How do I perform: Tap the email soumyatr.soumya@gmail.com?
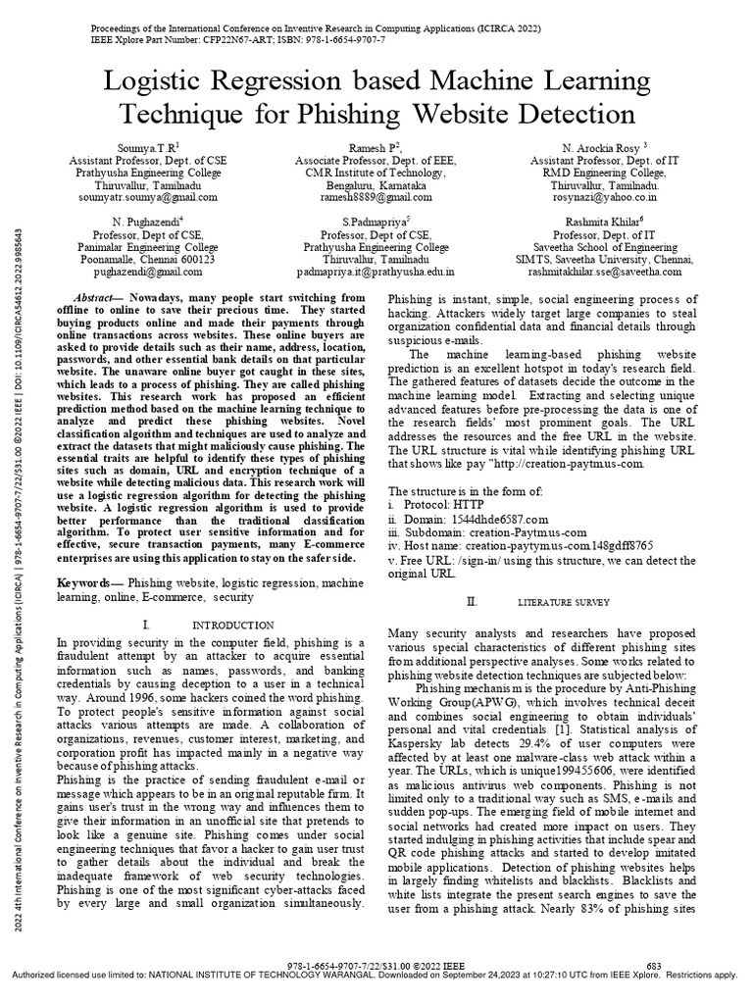(137, 197)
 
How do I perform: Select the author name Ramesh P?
(374, 146)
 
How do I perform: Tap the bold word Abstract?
(100, 296)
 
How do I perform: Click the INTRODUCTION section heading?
(232, 625)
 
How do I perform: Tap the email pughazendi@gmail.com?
(136, 274)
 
